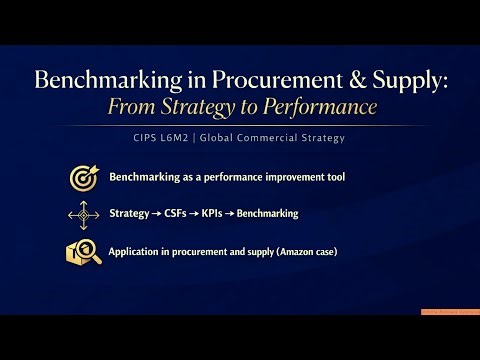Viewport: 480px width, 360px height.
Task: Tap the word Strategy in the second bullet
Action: pyautogui.click(x=130, y=214)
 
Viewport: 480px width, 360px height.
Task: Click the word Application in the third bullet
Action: pyautogui.click(x=136, y=251)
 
